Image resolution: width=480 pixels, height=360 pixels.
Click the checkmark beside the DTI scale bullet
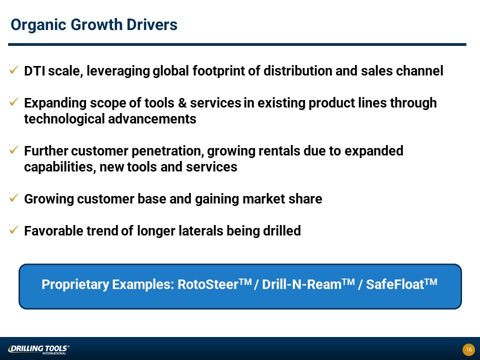[14, 70]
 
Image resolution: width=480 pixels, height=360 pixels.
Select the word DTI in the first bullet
[34, 71]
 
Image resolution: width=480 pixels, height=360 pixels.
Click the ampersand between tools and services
[182, 103]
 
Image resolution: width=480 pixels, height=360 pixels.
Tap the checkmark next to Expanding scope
[14, 102]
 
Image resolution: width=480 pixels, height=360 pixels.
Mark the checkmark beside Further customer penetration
[14, 150]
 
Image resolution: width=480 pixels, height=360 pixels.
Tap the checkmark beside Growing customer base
[14, 198]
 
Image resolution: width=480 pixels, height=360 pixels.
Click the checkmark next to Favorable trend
[14, 230]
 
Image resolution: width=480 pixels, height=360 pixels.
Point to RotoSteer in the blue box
[214, 283]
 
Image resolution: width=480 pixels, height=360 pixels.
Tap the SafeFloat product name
[401, 283]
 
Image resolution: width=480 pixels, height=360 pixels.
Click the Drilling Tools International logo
[38, 349]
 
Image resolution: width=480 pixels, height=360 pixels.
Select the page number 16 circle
[468, 349]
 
